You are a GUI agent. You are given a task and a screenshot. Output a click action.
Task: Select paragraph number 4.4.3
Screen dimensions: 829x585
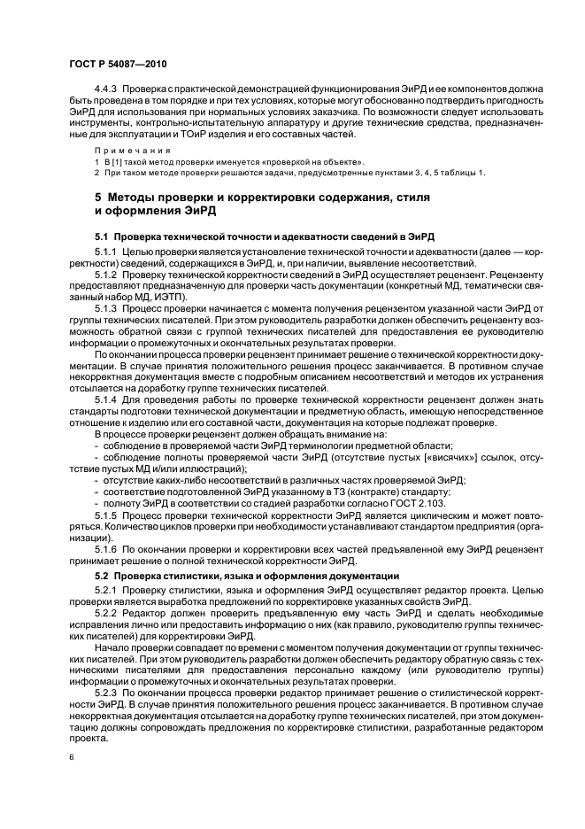click(107, 89)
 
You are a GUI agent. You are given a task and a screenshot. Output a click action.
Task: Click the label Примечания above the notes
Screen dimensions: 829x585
click(120, 151)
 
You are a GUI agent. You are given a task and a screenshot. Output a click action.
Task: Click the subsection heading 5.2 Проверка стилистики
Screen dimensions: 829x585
click(247, 577)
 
